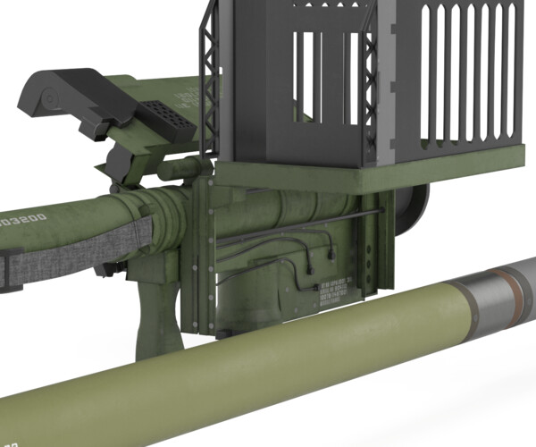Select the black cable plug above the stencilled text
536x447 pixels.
(333, 252)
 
